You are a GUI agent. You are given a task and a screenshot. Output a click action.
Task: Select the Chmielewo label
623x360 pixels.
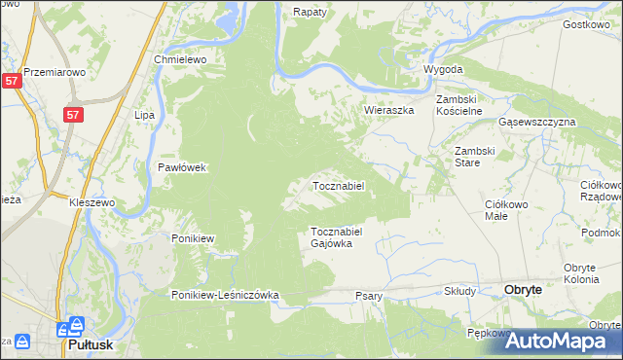pos(181,59)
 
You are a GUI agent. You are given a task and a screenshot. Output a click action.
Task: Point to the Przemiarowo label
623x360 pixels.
pos(55,72)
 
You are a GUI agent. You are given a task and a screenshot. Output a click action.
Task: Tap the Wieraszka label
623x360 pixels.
pos(389,111)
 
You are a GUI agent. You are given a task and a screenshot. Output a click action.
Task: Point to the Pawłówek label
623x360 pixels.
pos(183,167)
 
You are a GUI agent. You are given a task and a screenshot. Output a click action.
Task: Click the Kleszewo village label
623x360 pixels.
pos(92,202)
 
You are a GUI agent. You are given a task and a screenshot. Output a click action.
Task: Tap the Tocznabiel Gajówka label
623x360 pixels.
pos(337,237)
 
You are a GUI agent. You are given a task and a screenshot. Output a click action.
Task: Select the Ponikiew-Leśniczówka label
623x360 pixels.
pos(226,295)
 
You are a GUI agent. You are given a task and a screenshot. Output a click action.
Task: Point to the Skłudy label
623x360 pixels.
pos(459,291)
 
